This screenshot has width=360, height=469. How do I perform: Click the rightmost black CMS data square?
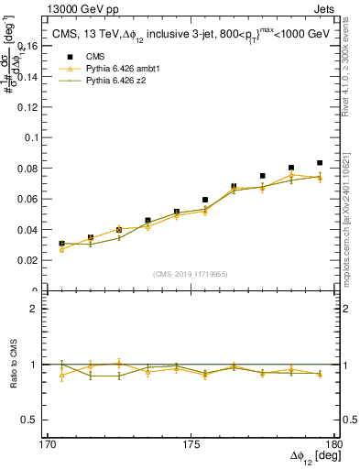click(320, 163)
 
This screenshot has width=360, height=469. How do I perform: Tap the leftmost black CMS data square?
click(61, 244)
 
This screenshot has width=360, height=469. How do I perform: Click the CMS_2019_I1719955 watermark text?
click(191, 273)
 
